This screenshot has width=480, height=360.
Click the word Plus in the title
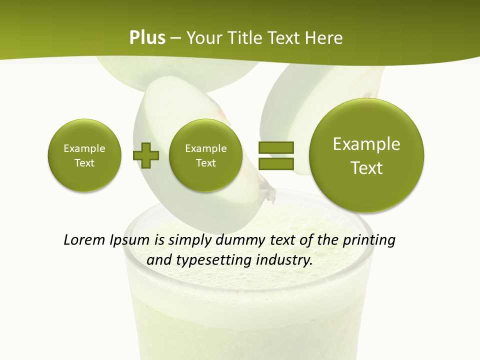coord(147,37)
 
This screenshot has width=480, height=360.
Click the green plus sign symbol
coord(146,155)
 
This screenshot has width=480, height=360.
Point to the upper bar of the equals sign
coord(275,147)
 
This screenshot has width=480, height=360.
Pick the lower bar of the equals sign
coord(275,163)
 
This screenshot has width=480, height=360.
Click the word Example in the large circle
coord(366,144)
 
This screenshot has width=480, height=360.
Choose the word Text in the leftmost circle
coord(84,162)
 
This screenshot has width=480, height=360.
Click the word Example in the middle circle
coord(205,148)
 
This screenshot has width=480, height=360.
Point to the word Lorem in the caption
coord(84,240)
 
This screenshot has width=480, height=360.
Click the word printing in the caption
coord(369,240)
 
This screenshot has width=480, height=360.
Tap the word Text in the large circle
coord(366,168)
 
